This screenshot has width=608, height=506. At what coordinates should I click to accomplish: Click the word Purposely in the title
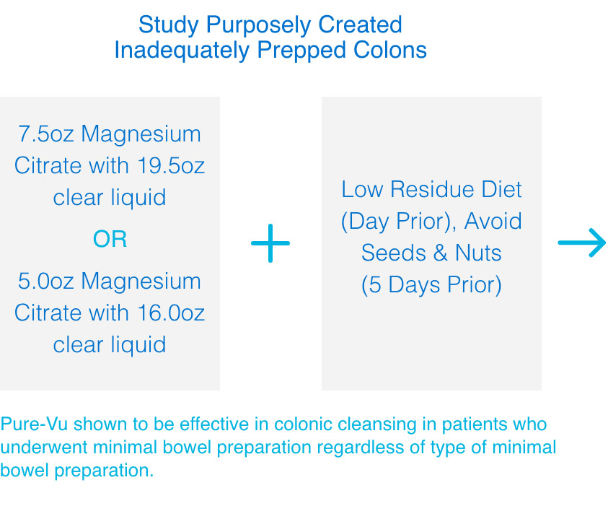point(258,25)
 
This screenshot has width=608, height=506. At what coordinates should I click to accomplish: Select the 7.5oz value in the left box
point(46,134)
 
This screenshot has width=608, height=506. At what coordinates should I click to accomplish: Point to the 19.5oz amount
point(171,166)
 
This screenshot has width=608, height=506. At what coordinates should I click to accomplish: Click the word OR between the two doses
point(110,239)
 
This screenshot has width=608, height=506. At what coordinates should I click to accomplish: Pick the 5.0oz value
point(45,281)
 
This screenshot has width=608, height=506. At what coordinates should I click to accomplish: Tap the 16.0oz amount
point(171,313)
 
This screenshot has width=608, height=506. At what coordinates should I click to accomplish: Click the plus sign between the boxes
point(270,243)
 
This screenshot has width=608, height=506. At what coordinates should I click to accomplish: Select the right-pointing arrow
point(581,243)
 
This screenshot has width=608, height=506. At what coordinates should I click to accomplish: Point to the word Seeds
point(394,253)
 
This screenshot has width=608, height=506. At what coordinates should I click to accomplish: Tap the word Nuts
point(478,253)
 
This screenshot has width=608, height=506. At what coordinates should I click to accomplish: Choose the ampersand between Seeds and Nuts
point(441,253)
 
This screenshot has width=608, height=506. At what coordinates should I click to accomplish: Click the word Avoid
point(493,221)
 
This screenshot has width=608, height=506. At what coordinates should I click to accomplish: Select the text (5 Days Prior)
point(431,285)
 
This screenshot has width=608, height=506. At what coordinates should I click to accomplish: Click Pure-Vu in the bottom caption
point(34,424)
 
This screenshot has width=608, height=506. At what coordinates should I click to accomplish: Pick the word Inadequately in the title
point(182,51)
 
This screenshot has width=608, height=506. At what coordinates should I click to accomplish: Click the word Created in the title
point(360,25)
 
